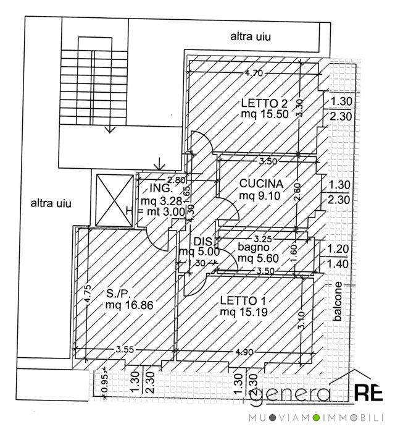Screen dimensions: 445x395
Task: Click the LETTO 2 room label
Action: (x=265, y=103)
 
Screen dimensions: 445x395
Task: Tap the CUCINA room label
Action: (x=261, y=184)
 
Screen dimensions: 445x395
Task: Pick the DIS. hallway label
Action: (x=203, y=241)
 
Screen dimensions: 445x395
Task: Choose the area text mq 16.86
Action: (x=128, y=305)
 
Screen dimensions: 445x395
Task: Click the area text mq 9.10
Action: (x=260, y=195)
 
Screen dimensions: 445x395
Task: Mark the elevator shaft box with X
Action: (x=113, y=198)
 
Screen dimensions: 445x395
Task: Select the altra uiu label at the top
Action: (x=252, y=36)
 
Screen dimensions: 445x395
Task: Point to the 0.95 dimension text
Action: (x=104, y=384)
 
